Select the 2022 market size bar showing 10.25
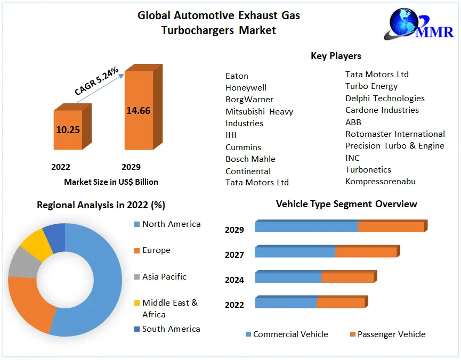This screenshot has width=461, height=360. click(x=68, y=129)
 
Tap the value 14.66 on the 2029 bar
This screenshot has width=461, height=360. click(x=138, y=111)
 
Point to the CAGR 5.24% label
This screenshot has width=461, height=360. click(x=96, y=81)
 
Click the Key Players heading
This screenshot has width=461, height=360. click(x=336, y=56)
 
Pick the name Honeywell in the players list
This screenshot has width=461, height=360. click(x=246, y=87)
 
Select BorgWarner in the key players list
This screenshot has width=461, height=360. click(x=249, y=100)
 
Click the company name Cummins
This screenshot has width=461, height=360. click(x=243, y=147)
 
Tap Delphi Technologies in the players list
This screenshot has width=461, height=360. click(x=385, y=98)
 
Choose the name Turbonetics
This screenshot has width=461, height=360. click(x=368, y=169)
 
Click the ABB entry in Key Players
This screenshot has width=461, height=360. click(x=353, y=122)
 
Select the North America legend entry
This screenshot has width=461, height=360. click(x=171, y=224)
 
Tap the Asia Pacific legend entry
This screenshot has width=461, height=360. click(x=164, y=277)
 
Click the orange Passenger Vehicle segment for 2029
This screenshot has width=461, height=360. click(x=391, y=227)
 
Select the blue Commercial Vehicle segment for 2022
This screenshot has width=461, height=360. click(x=286, y=302)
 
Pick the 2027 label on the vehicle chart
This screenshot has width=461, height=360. click(x=234, y=255)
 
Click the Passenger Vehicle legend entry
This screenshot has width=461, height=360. click(x=391, y=334)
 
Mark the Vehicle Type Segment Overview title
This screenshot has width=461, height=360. click(x=346, y=204)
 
